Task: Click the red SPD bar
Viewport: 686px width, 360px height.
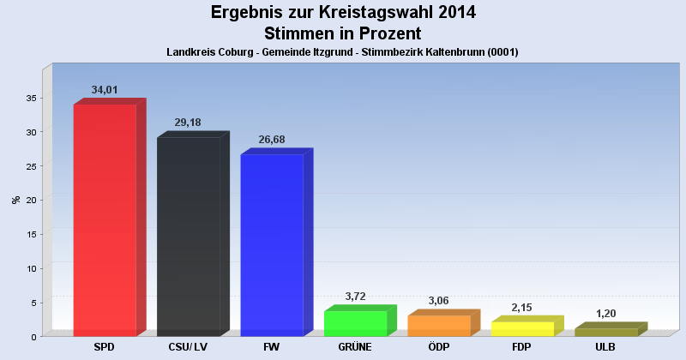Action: pos(105,219)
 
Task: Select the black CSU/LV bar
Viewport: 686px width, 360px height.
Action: pos(188,236)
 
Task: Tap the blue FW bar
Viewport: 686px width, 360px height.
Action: pos(272,244)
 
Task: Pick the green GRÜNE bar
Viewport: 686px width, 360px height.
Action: pos(355,323)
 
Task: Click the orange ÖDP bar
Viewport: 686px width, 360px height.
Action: pos(439,326)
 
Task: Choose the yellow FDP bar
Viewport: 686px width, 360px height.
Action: pos(522,328)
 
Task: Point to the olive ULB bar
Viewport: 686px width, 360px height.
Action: pos(606,332)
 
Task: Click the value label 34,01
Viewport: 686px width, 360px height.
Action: pos(105,90)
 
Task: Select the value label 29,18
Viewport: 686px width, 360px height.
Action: pos(188,123)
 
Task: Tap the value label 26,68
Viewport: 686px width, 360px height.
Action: pos(272,140)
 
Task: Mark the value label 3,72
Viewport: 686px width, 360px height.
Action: pos(355,297)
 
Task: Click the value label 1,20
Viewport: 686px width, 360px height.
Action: pos(606,314)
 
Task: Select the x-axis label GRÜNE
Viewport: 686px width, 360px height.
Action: pos(355,347)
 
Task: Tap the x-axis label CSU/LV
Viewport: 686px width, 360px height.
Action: pos(188,347)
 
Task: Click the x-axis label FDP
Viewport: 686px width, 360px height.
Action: pos(522,347)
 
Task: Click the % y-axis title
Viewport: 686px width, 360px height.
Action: pos(15,200)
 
